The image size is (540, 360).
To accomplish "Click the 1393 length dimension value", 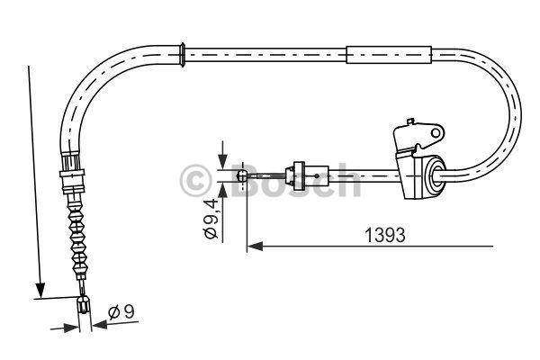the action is point(384,235).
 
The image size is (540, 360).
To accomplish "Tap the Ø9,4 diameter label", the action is point(211,219).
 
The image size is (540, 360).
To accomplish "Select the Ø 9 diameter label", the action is point(121,312).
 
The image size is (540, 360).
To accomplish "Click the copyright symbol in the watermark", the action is point(195,180).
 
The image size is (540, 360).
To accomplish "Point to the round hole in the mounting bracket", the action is point(436,133).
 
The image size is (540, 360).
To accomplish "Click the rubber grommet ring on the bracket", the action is point(436,175).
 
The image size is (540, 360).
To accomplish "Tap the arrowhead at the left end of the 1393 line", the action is point(255,247).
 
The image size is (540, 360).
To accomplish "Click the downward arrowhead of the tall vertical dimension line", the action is point(40,291).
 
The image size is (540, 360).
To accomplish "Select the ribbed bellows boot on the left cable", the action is point(77,238).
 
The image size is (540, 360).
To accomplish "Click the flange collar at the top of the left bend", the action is point(183,55).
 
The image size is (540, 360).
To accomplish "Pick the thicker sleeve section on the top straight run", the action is point(389,55).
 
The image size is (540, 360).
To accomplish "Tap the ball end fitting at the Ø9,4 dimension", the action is point(242,176).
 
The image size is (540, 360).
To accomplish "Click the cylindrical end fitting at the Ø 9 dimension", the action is point(84,304).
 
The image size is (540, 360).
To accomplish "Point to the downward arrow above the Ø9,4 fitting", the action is point(223,155).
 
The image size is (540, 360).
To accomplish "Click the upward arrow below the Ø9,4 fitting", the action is point(223,191).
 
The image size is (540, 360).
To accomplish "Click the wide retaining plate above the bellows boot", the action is point(72,173).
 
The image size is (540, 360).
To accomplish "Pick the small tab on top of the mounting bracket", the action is point(409,122).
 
